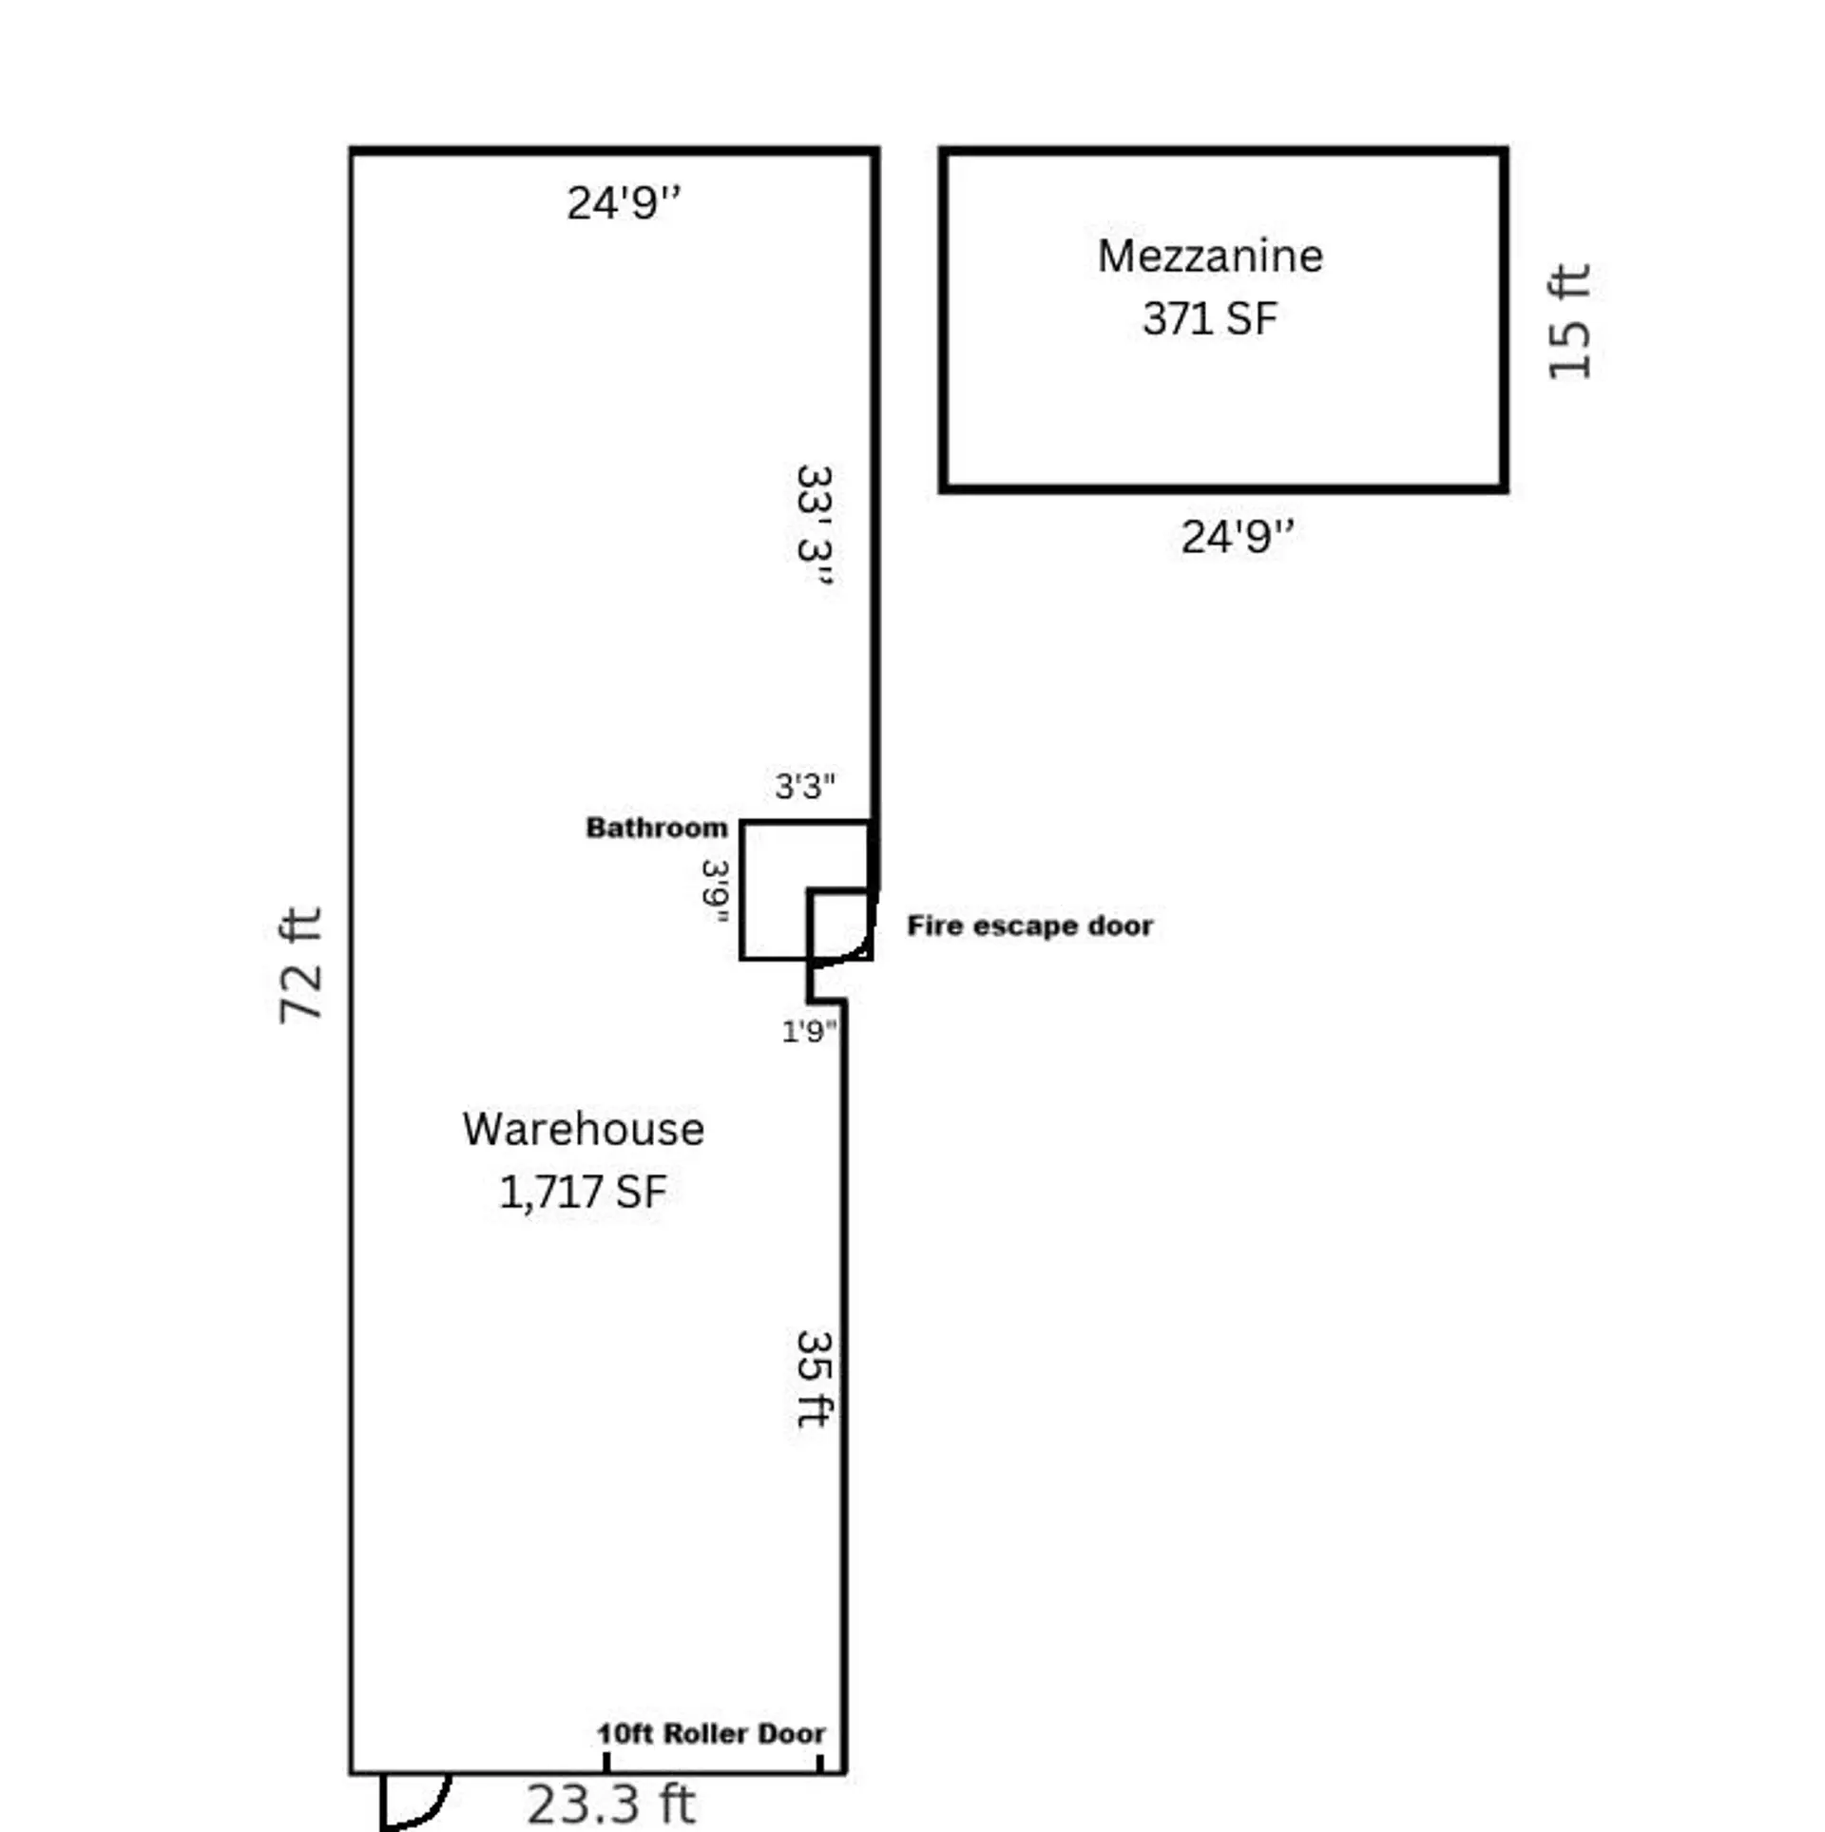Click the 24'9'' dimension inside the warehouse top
(x=623, y=202)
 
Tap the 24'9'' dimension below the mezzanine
(x=1236, y=537)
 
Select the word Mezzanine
(x=1209, y=257)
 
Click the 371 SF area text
(x=1209, y=319)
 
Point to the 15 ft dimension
(x=1568, y=321)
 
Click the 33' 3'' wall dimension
(x=815, y=525)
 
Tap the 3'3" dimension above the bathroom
(x=804, y=786)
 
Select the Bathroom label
(x=656, y=828)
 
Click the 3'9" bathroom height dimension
(x=716, y=891)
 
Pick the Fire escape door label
(x=1029, y=926)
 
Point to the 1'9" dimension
(x=809, y=1031)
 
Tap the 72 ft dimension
(x=301, y=965)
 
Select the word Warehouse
(x=583, y=1130)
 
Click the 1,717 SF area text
(x=583, y=1192)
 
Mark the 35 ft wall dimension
(x=815, y=1378)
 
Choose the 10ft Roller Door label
(x=710, y=1734)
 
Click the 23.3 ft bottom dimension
(x=610, y=1803)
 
